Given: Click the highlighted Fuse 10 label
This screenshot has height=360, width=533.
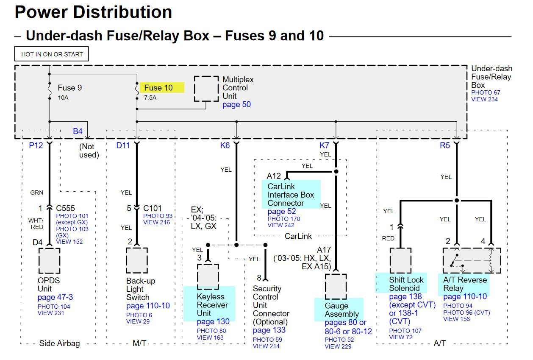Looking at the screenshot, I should (158, 88).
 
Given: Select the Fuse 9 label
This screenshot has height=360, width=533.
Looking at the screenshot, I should (70, 88).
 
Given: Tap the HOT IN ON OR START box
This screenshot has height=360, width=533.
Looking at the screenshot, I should (52, 54).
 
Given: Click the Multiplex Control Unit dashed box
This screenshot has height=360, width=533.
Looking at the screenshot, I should (206, 89).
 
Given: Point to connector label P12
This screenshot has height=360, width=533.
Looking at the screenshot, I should (36, 145).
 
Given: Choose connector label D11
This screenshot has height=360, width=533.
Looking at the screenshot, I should (123, 145).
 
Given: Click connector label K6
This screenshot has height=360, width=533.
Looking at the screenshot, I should (225, 145).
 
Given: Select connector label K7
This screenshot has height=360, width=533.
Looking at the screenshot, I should (325, 145).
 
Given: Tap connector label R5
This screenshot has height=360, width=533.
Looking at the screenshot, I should (445, 145).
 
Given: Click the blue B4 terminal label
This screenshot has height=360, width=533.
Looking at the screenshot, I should (78, 131).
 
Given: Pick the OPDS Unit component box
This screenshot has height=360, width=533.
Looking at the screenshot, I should (49, 261).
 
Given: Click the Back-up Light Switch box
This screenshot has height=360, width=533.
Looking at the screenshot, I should (137, 261).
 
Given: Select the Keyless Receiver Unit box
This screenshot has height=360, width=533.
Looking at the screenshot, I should (208, 277).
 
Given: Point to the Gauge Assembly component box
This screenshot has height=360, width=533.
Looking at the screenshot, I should (336, 286).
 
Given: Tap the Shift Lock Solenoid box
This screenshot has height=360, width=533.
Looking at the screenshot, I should (401, 261).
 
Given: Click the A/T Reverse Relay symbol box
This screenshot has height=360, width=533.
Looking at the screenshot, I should (472, 261).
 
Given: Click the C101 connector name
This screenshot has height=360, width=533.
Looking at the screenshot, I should (152, 208).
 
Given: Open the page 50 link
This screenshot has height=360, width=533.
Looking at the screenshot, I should (236, 104).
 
